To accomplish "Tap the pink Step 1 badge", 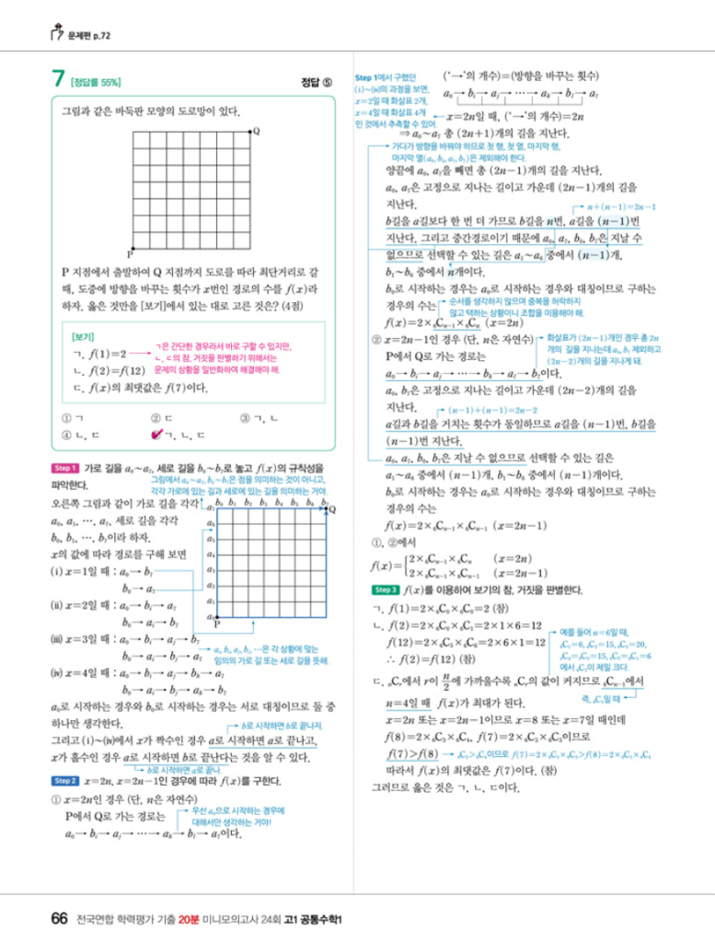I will (66, 469).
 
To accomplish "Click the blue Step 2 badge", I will (66, 779).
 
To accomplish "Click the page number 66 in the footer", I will (59, 918).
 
